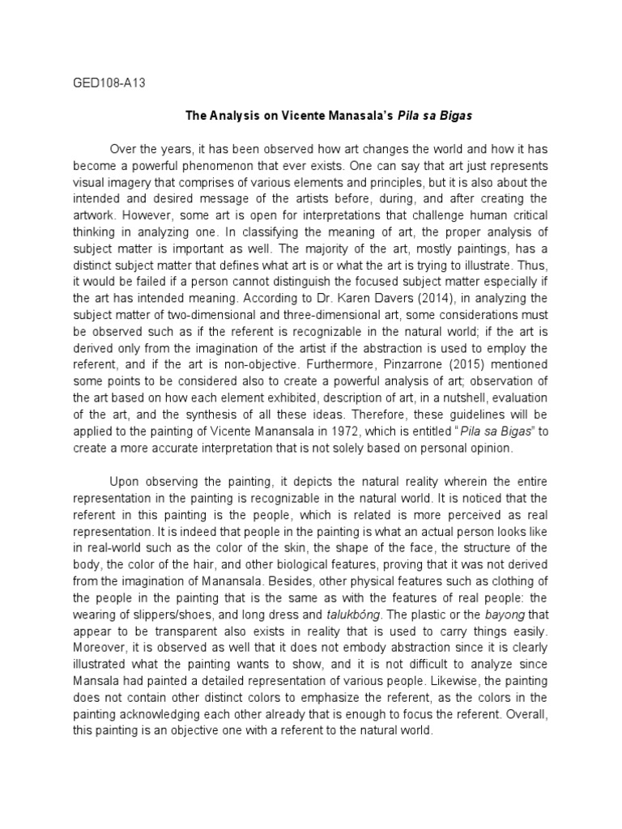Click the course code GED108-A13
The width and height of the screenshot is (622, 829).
pyautogui.click(x=102, y=82)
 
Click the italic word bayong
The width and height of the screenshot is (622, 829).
pyautogui.click(x=503, y=614)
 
